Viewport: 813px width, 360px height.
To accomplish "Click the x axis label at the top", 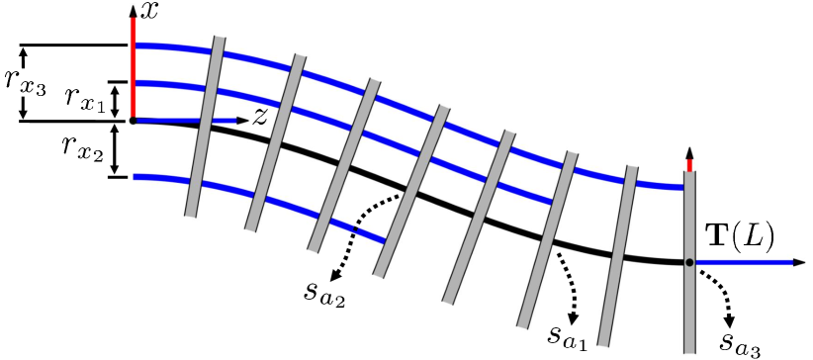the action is (x=150, y=12).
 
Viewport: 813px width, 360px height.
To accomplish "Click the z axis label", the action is (x=260, y=117).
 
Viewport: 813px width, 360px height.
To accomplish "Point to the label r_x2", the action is (x=82, y=149).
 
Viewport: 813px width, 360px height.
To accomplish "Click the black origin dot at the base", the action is (x=133, y=121).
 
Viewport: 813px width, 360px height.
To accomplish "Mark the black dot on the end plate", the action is (x=689, y=262).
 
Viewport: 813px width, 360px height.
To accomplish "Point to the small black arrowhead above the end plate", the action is (x=689, y=155).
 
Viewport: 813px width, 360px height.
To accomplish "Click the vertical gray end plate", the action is (x=689, y=307).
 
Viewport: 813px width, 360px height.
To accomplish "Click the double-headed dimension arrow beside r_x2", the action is (x=117, y=149).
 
